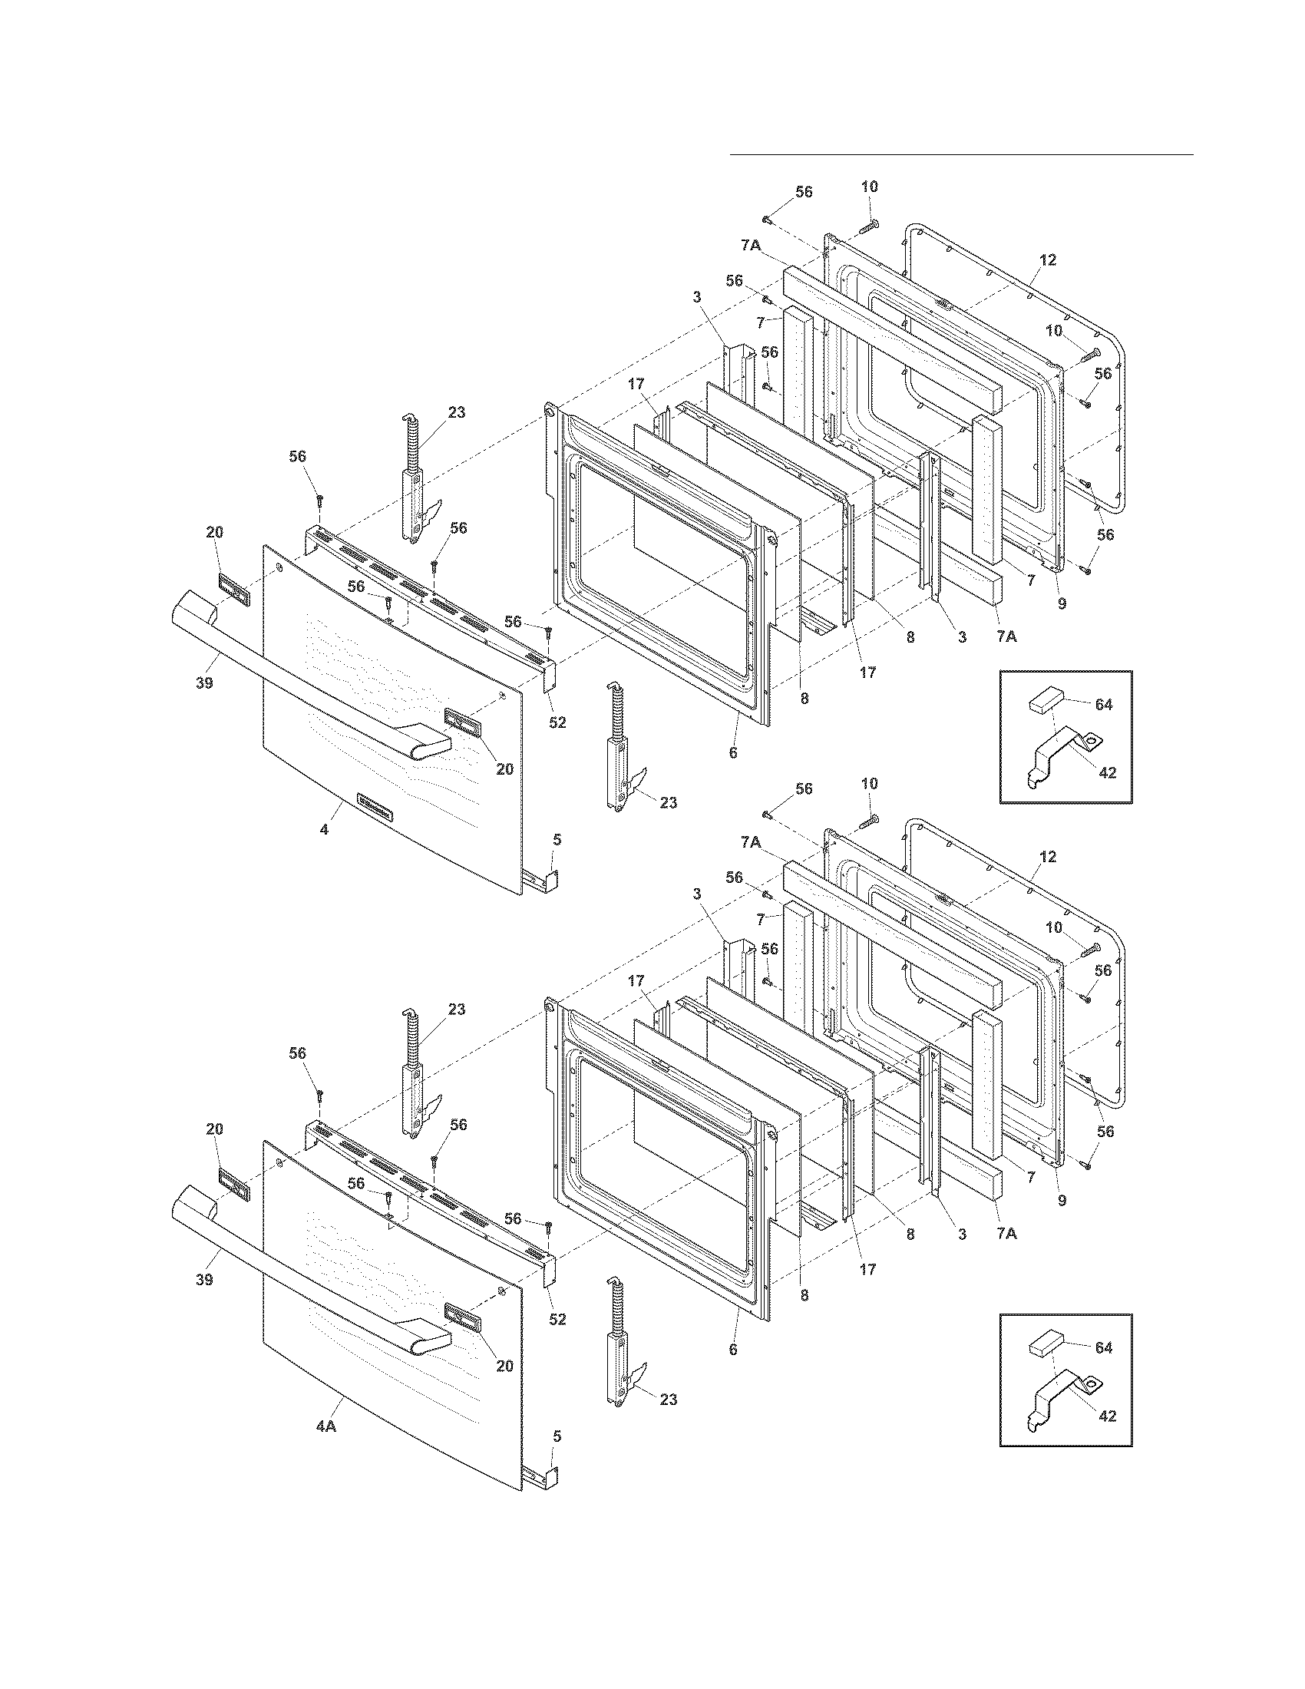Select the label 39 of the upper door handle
[204, 683]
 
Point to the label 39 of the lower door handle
[204, 1280]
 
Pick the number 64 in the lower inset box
[1103, 1347]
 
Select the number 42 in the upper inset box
[1107, 772]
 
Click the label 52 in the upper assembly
[557, 722]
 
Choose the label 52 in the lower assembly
[557, 1319]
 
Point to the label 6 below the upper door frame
[733, 752]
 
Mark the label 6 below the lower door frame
[733, 1350]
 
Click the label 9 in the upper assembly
[1062, 604]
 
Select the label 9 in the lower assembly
[1062, 1201]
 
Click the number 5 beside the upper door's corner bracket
[557, 839]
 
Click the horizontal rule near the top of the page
[962, 154]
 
